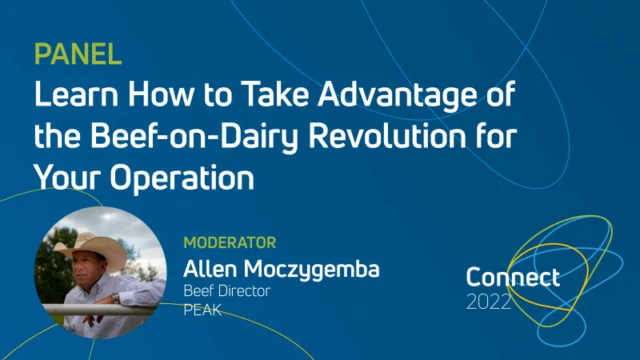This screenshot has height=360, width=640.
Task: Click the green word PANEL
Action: [78, 54]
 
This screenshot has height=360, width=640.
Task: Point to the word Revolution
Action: [387, 137]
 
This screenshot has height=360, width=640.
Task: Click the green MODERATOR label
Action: [230, 242]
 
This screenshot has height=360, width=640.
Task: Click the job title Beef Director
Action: [226, 290]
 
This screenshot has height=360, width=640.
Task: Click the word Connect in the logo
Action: [513, 278]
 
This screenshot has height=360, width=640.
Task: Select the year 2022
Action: [489, 303]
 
